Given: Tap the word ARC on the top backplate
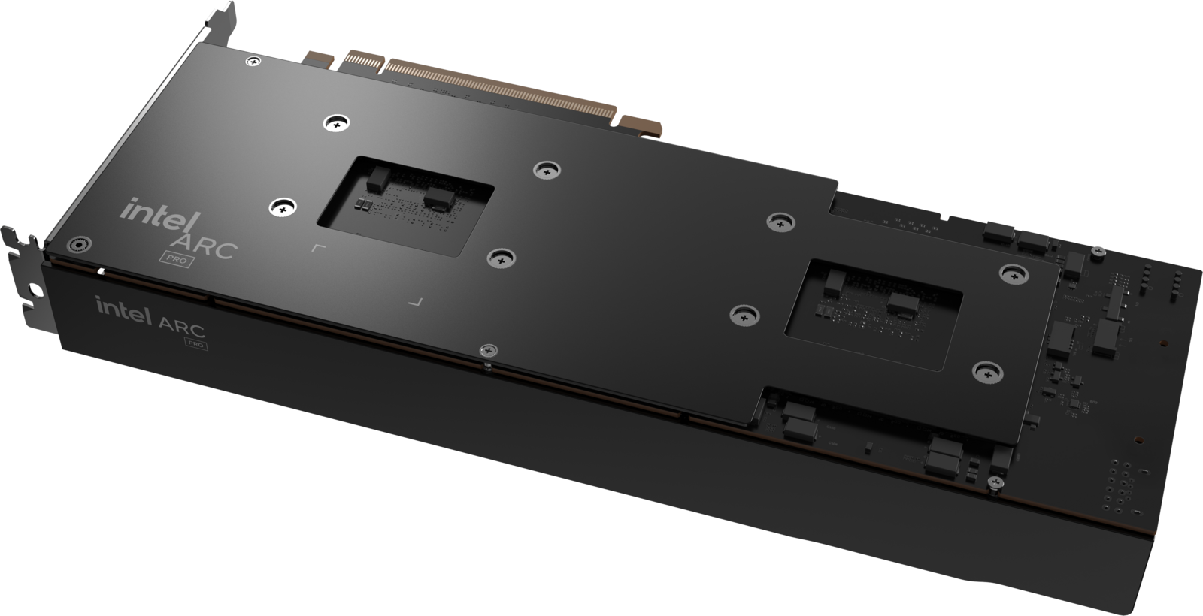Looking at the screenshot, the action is click(x=206, y=245).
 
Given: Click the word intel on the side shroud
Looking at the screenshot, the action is click(x=124, y=311).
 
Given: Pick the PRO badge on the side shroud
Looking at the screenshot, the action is click(x=195, y=343).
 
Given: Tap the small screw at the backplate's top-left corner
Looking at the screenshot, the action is click(x=253, y=62).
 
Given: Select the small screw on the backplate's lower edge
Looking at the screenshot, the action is click(x=488, y=351).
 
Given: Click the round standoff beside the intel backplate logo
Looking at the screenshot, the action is click(x=78, y=244).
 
